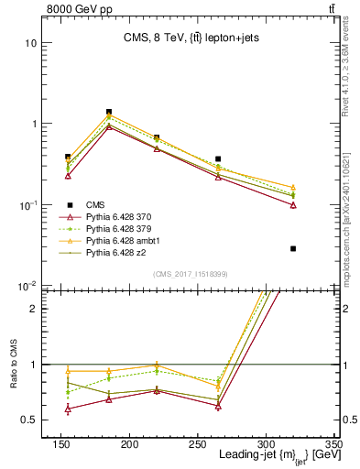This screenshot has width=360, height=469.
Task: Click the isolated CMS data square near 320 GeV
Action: coord(293,248)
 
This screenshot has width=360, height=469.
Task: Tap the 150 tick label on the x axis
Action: coord(141,443)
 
